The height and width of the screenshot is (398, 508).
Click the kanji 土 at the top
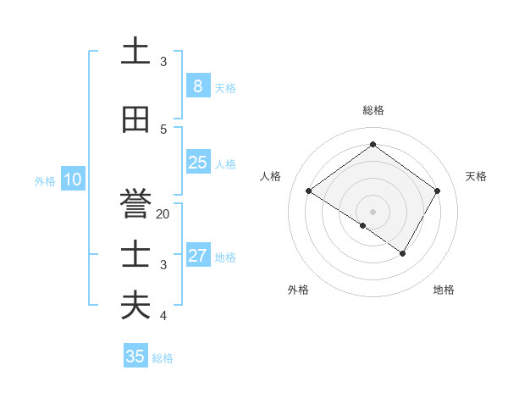tap(135, 52)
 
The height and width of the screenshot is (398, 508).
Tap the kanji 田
tap(135, 120)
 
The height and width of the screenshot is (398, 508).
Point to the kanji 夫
tap(135, 306)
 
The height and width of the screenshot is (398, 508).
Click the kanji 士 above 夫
tap(135, 255)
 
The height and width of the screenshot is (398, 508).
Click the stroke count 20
tap(163, 214)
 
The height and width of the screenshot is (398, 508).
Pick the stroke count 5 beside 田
tap(163, 130)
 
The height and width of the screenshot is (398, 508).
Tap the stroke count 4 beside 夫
tap(163, 316)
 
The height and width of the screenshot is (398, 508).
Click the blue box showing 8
tap(197, 86)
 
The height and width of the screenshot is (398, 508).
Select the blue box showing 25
tap(197, 163)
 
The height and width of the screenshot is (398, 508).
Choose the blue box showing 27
tap(197, 256)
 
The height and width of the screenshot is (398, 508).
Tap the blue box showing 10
tap(72, 180)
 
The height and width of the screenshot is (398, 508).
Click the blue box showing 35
tap(135, 357)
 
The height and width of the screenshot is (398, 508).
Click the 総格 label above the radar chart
tap(373, 110)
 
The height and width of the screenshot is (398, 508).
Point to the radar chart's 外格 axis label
tap(297, 290)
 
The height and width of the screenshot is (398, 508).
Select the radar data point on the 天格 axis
tap(437, 191)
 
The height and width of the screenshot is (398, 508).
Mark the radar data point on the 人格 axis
tap(308, 191)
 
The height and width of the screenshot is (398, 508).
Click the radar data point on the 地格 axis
tap(403, 253)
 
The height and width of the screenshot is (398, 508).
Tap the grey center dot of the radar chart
tap(373, 211)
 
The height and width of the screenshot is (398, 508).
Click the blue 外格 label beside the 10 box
tap(44, 180)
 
